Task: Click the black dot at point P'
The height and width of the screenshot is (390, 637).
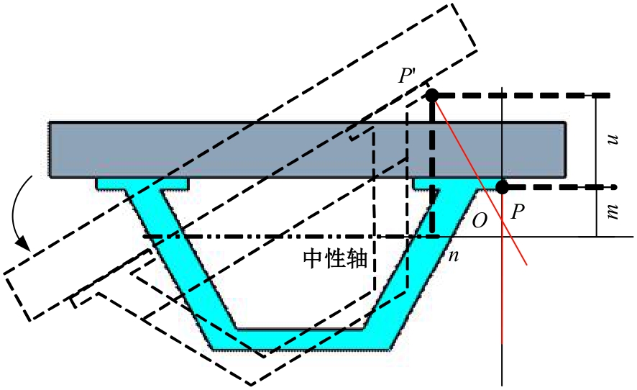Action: point(431,95)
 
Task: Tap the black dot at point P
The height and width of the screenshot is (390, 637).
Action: point(502,187)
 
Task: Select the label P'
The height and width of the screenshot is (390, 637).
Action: point(412,76)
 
